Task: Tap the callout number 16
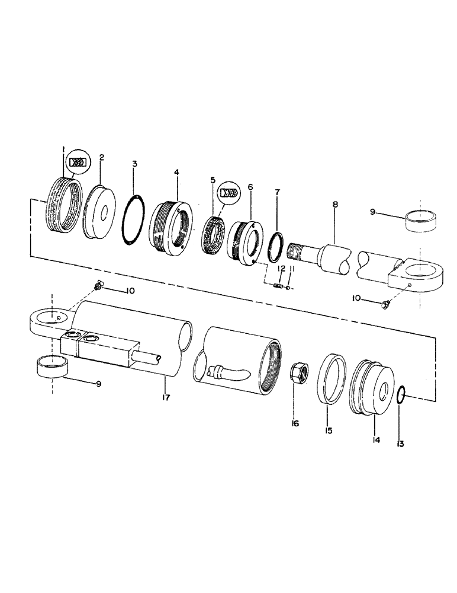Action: [x=295, y=423]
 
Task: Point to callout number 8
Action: [x=335, y=205]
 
